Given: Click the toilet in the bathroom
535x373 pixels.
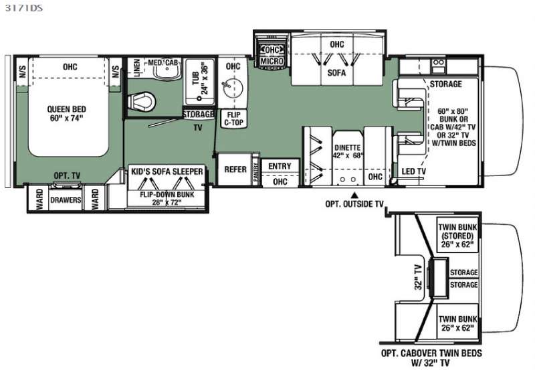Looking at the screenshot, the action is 142,101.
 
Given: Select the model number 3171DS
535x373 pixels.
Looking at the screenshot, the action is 23,7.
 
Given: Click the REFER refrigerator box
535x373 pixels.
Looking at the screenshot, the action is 235,169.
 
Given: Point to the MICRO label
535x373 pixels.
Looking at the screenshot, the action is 272,61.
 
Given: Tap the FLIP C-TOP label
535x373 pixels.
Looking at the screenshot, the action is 233,119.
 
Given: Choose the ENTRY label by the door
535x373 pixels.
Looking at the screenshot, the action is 280,166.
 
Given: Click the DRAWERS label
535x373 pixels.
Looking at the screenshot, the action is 66,200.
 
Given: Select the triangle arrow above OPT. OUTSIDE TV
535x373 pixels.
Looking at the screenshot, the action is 355,196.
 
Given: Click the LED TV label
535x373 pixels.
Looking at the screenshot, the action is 413,171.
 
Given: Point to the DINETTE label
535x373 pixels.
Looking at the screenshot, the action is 347,148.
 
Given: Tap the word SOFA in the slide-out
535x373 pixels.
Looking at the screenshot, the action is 336,73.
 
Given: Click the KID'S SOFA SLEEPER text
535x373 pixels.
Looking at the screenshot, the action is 167,171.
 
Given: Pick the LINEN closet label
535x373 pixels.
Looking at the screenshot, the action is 137,68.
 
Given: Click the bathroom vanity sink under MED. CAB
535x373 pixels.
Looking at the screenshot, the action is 166,71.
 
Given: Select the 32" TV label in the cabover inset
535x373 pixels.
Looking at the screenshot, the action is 419,277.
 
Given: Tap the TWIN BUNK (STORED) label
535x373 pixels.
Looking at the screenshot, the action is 457,236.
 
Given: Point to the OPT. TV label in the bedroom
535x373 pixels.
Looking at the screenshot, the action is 67,176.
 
